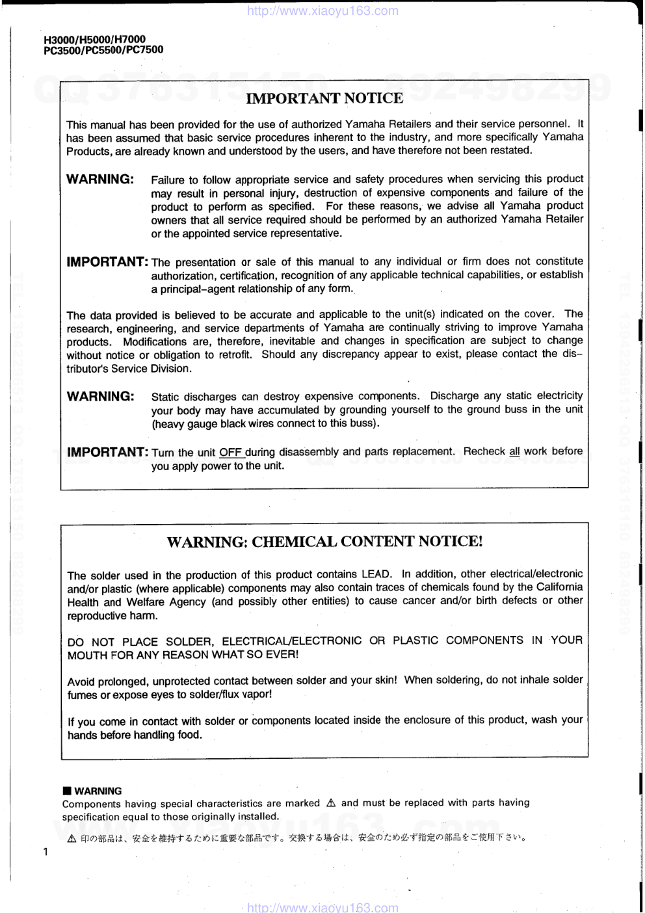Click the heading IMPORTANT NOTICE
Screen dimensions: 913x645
click(324, 98)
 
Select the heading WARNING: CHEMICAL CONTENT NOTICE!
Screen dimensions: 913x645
click(324, 541)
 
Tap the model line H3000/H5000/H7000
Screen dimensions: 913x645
click(94, 39)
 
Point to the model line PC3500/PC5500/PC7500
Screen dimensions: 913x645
click(103, 49)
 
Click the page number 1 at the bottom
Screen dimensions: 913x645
click(44, 852)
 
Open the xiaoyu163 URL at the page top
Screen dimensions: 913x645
click(323, 10)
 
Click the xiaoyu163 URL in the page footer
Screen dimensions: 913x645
click(323, 907)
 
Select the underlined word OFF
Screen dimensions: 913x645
click(230, 452)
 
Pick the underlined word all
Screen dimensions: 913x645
click(514, 451)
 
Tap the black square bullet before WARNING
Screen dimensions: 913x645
click(66, 791)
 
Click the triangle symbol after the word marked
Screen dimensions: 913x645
click(330, 803)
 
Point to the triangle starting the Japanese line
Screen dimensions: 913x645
click(72, 838)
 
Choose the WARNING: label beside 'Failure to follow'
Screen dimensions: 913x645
click(100, 179)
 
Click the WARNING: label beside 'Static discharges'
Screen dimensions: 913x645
click(100, 396)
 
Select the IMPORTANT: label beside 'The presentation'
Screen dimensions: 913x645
click(107, 261)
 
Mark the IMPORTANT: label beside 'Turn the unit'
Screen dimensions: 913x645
click(107, 451)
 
